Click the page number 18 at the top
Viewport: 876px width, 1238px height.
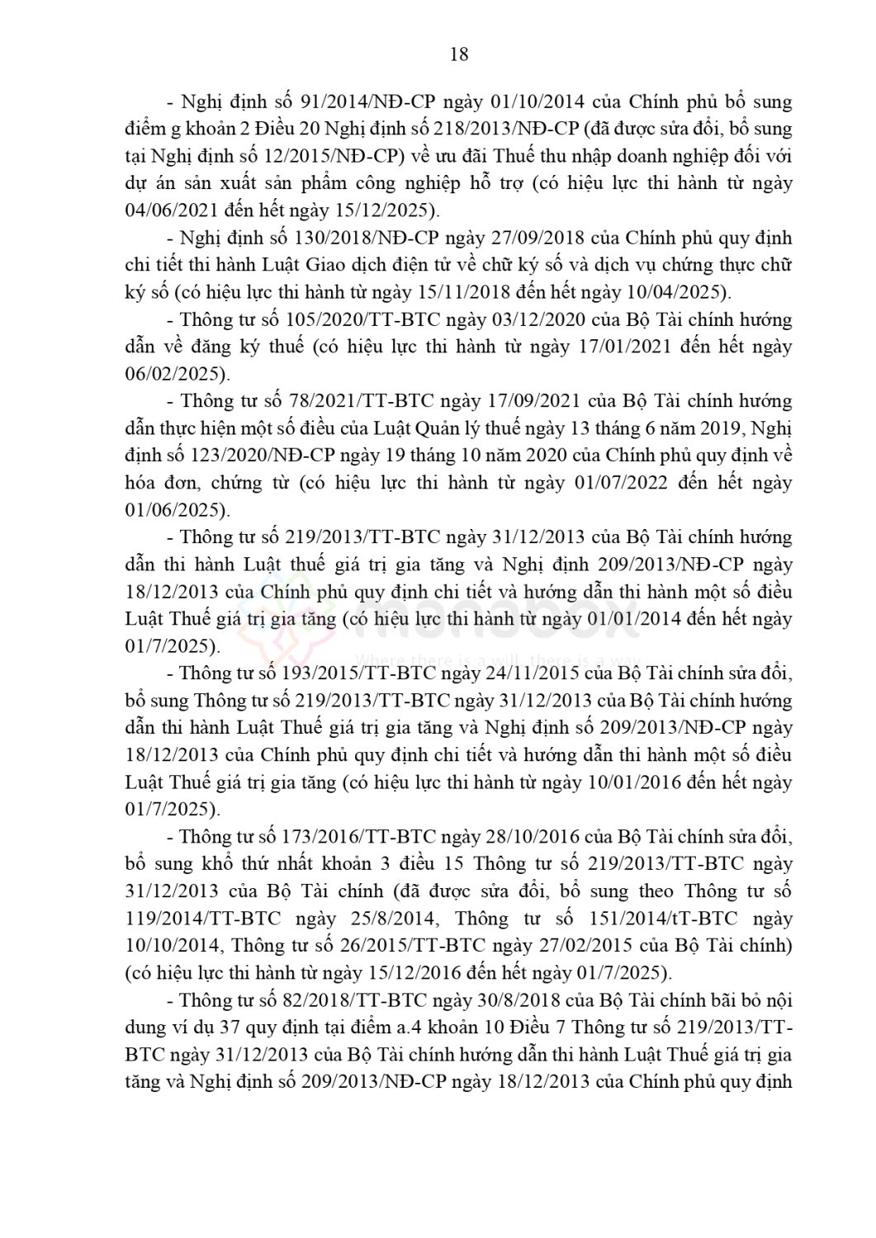pos(459,54)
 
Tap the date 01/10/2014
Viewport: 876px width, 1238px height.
pos(537,102)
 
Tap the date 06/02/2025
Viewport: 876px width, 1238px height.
pos(173,374)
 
